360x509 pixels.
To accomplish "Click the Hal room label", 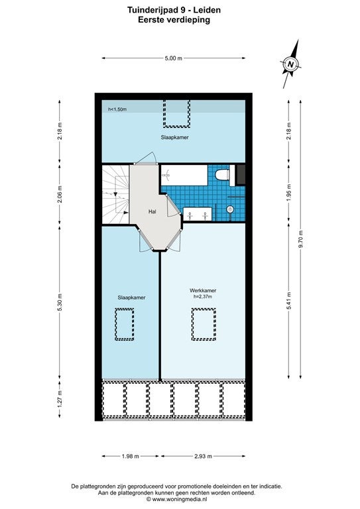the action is [152, 211].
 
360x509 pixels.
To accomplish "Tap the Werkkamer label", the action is [203, 290].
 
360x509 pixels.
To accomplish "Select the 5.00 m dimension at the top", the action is [173, 58].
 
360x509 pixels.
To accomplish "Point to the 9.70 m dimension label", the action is [301, 239].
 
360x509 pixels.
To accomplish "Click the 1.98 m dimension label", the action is [131, 456].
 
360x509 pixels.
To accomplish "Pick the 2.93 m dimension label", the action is [204, 456].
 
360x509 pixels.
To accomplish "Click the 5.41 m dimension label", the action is [289, 301].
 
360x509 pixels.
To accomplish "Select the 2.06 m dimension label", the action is [60, 194].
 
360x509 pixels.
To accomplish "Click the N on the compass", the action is [291, 64].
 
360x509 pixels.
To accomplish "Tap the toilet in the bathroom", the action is [222, 175].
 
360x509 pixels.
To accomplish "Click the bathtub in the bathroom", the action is [184, 175].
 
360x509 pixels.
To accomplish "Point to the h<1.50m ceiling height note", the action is [117, 109].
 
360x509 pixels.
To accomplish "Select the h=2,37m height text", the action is [203, 296].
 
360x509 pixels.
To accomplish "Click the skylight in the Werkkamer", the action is [204, 324].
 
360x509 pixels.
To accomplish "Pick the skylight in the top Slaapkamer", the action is [176, 113].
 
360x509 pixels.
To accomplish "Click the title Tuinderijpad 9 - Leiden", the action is [174, 10].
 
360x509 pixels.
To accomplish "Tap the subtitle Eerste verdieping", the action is [174, 20].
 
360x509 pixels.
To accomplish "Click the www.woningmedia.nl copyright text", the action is [177, 499].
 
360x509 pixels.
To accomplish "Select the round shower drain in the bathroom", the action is [230, 209].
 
